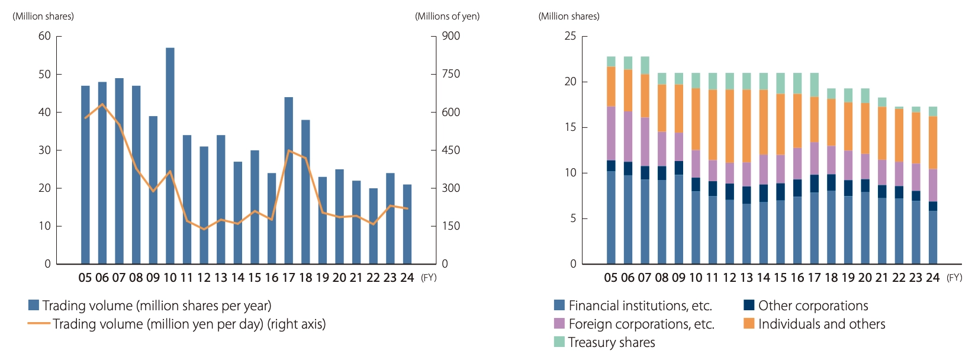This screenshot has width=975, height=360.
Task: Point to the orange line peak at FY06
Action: [102, 104]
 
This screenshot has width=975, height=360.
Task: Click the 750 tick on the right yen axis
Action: [451, 74]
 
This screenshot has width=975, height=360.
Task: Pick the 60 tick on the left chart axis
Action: [45, 36]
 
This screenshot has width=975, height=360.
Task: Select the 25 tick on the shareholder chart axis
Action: [570, 36]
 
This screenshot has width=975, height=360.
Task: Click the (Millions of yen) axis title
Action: [448, 17]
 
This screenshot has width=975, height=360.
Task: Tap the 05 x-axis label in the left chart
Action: [85, 278]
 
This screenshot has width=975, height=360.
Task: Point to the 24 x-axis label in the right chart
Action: [933, 278]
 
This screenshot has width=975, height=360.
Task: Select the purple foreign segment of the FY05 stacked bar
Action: [611, 133]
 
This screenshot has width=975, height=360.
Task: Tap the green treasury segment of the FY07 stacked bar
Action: [645, 65]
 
